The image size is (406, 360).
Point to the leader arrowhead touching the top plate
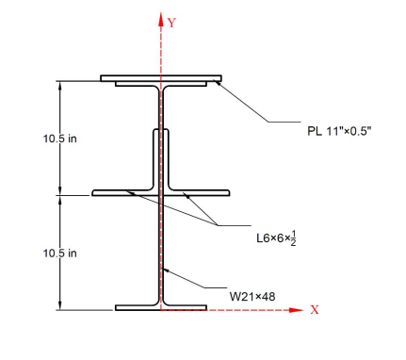point(218,83)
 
